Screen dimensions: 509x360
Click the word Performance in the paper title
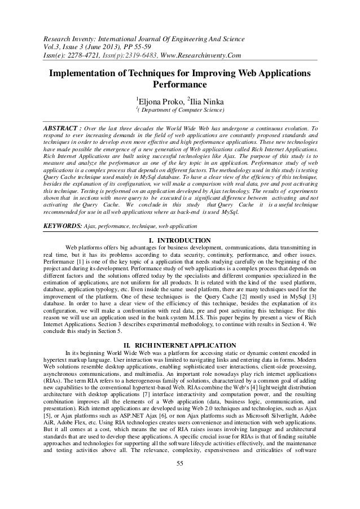(x=179, y=85)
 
